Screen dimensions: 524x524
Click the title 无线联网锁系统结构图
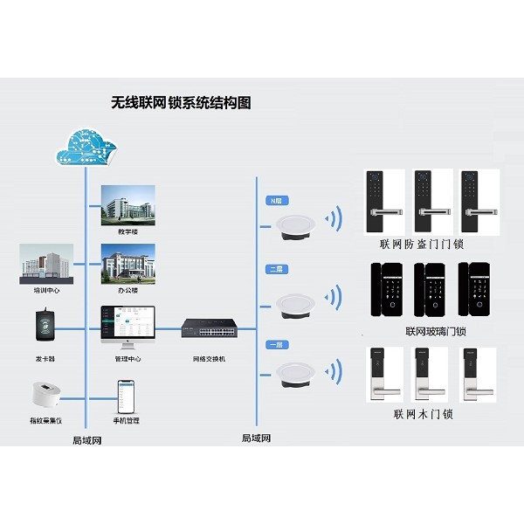181,103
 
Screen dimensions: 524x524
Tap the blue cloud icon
86,146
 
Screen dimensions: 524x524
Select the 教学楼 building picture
128,204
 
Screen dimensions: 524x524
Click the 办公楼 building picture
128,263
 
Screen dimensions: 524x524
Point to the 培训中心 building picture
45,265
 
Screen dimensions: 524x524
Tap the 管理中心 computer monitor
128,323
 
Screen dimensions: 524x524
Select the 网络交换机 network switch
209,329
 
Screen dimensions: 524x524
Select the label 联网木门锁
424,414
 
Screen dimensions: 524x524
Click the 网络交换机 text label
209,359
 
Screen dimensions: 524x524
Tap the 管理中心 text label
128,359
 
